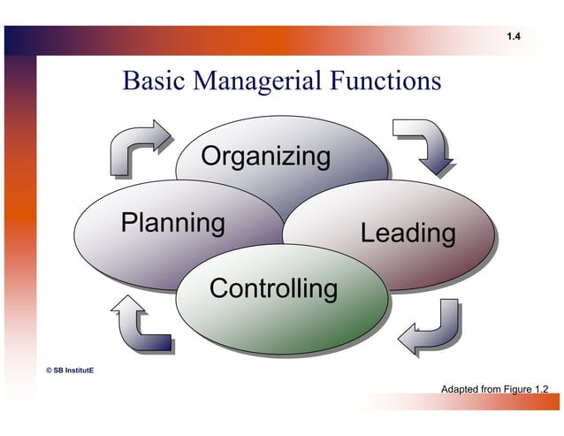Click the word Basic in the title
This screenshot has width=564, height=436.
pos(150,81)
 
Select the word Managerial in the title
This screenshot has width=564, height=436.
pos(252,81)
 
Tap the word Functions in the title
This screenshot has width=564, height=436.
pos(385,81)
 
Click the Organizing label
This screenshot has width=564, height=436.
pos(265,157)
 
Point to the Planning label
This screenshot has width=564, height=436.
pos(172,222)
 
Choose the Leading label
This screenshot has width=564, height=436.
pos(408,234)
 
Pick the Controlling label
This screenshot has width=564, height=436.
pos(273,289)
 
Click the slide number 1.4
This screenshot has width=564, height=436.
pos(514,36)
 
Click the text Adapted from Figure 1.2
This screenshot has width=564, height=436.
pos(494,389)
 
